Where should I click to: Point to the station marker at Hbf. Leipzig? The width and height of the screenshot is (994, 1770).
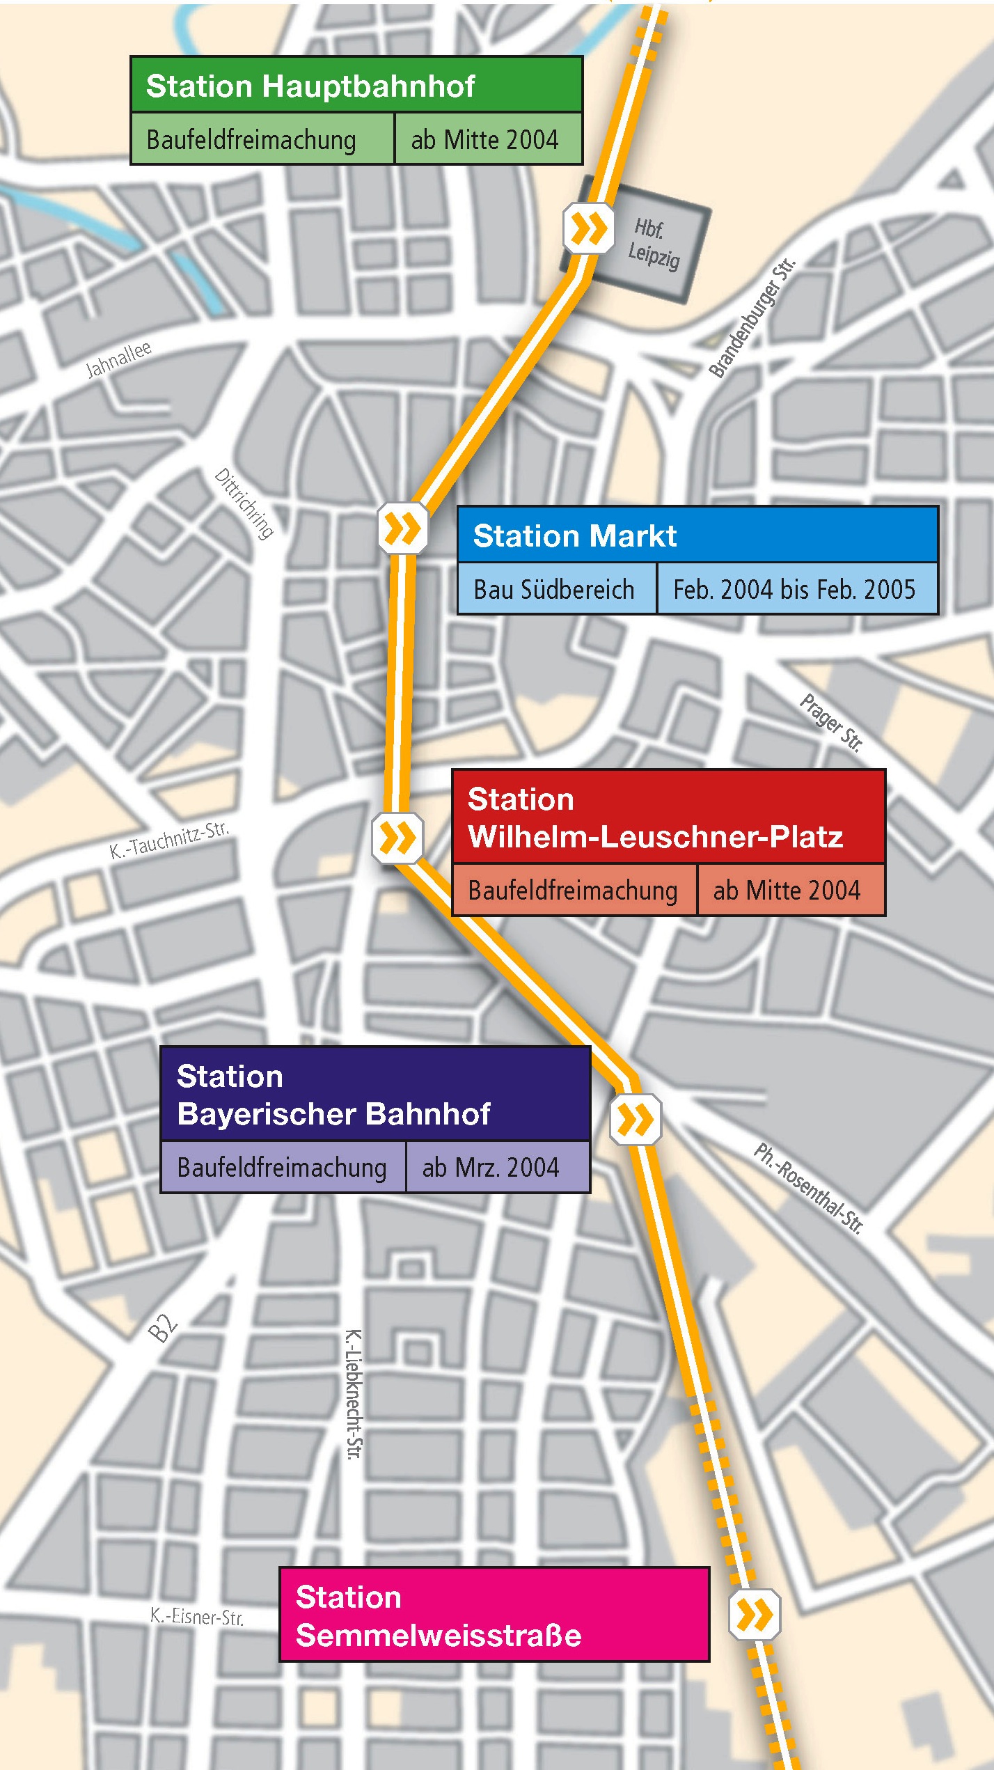coord(589,228)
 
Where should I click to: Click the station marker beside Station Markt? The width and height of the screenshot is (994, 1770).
coord(403,528)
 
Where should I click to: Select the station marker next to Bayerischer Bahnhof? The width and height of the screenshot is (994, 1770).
coord(636,1120)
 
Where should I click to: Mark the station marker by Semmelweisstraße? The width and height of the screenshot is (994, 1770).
coord(755,1614)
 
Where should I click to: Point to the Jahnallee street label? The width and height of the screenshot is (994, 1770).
coord(118,359)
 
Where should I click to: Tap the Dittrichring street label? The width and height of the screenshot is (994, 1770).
coord(244,503)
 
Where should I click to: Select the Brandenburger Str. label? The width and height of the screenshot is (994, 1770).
coord(752,318)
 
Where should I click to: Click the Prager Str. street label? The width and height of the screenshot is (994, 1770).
coord(831,723)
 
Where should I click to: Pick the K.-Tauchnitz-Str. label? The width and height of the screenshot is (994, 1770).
coord(169,840)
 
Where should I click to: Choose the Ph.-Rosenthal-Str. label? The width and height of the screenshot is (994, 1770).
coord(809,1189)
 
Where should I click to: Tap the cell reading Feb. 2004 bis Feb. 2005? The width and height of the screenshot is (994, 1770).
coord(794,589)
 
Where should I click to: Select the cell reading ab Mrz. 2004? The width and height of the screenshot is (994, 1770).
coord(491,1167)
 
